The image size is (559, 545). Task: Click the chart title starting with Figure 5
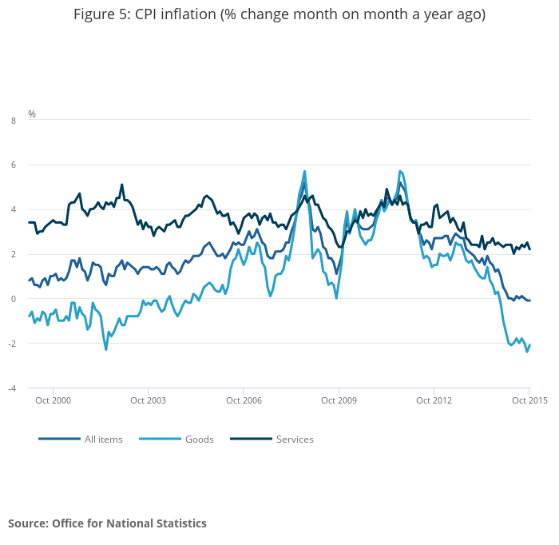click(279, 14)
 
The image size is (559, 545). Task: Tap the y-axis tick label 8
click(13, 121)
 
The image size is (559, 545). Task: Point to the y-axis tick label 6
click(13, 165)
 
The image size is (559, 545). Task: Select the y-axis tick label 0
click(13, 299)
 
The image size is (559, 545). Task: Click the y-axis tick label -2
click(12, 344)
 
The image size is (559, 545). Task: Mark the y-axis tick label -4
click(12, 388)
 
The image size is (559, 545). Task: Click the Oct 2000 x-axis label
click(54, 400)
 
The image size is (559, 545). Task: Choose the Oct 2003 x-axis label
click(149, 400)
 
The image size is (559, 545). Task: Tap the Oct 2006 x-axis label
click(244, 400)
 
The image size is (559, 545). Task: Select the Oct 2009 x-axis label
click(339, 400)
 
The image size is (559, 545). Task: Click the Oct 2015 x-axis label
click(529, 400)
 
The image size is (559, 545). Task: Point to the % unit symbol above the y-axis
click(32, 114)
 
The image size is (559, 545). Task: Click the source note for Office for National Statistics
click(107, 523)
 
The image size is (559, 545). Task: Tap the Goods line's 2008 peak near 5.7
click(305, 171)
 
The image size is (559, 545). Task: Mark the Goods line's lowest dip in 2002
click(105, 349)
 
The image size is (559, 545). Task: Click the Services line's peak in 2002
click(121, 185)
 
